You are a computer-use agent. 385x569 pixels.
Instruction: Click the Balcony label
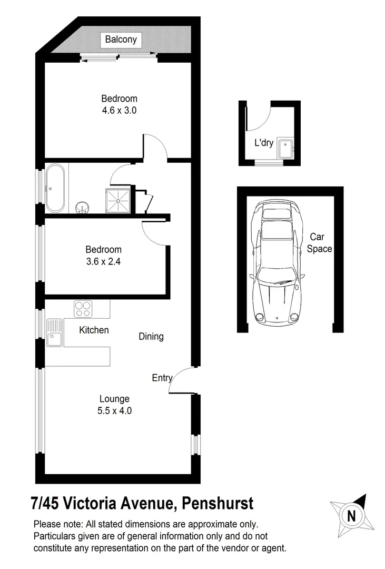click(x=121, y=40)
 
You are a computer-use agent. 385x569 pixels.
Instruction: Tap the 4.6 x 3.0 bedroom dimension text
click(x=120, y=111)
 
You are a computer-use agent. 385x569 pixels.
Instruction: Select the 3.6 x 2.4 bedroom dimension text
click(x=104, y=261)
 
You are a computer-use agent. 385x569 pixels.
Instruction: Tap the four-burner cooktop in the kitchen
click(x=83, y=308)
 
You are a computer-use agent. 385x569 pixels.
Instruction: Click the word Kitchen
click(x=94, y=330)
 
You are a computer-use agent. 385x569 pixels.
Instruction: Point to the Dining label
click(x=151, y=336)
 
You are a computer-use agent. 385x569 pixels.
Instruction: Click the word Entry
click(x=162, y=378)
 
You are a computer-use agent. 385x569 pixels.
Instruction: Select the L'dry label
click(x=264, y=142)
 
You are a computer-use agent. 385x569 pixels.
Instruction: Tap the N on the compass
click(x=351, y=516)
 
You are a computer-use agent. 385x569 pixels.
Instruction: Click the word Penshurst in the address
click(x=218, y=504)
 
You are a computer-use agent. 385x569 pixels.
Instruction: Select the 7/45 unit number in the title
click(x=45, y=504)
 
